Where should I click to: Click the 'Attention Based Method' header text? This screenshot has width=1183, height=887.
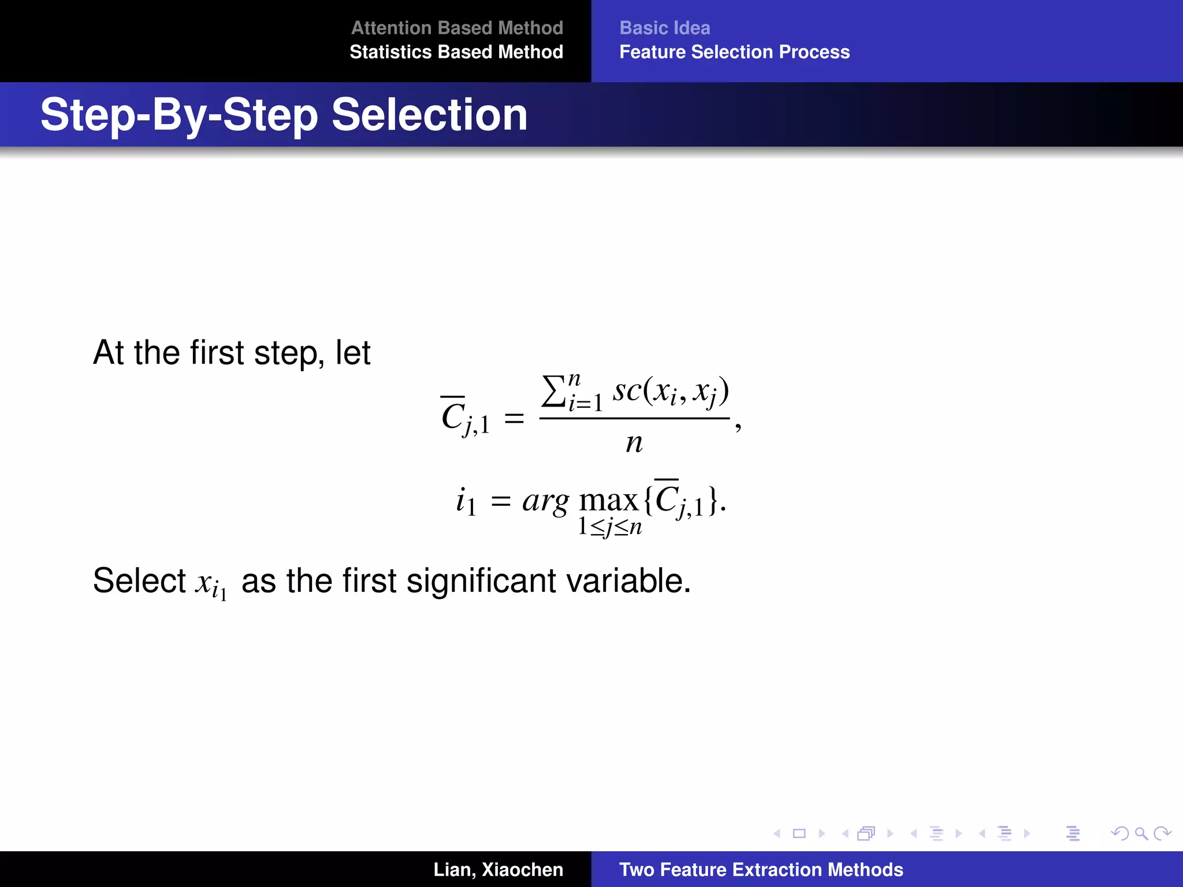(457, 28)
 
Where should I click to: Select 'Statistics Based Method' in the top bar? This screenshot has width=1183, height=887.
(456, 52)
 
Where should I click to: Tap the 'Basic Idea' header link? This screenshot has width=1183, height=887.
(664, 28)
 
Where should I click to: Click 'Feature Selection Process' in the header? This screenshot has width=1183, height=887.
(734, 52)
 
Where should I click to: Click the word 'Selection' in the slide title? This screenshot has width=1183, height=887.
(429, 115)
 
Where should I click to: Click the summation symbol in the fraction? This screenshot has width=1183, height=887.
(553, 392)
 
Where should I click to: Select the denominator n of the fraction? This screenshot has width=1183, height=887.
(634, 443)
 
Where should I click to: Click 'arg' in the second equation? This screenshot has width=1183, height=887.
(545, 501)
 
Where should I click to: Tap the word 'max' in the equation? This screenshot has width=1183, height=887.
(608, 501)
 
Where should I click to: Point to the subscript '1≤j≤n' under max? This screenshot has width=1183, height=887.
(610, 527)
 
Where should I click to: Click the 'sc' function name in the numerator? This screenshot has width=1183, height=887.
(627, 390)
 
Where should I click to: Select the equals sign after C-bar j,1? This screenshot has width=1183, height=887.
(514, 418)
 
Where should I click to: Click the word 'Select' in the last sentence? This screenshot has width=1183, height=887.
(139, 580)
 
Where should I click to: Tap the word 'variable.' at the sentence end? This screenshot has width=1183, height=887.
(628, 580)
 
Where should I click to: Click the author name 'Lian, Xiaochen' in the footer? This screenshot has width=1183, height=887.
(498, 870)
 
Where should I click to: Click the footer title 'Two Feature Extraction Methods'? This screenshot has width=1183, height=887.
(761, 870)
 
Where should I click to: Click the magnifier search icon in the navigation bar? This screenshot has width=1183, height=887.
(1141, 833)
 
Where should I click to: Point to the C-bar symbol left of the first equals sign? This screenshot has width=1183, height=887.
(453, 415)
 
